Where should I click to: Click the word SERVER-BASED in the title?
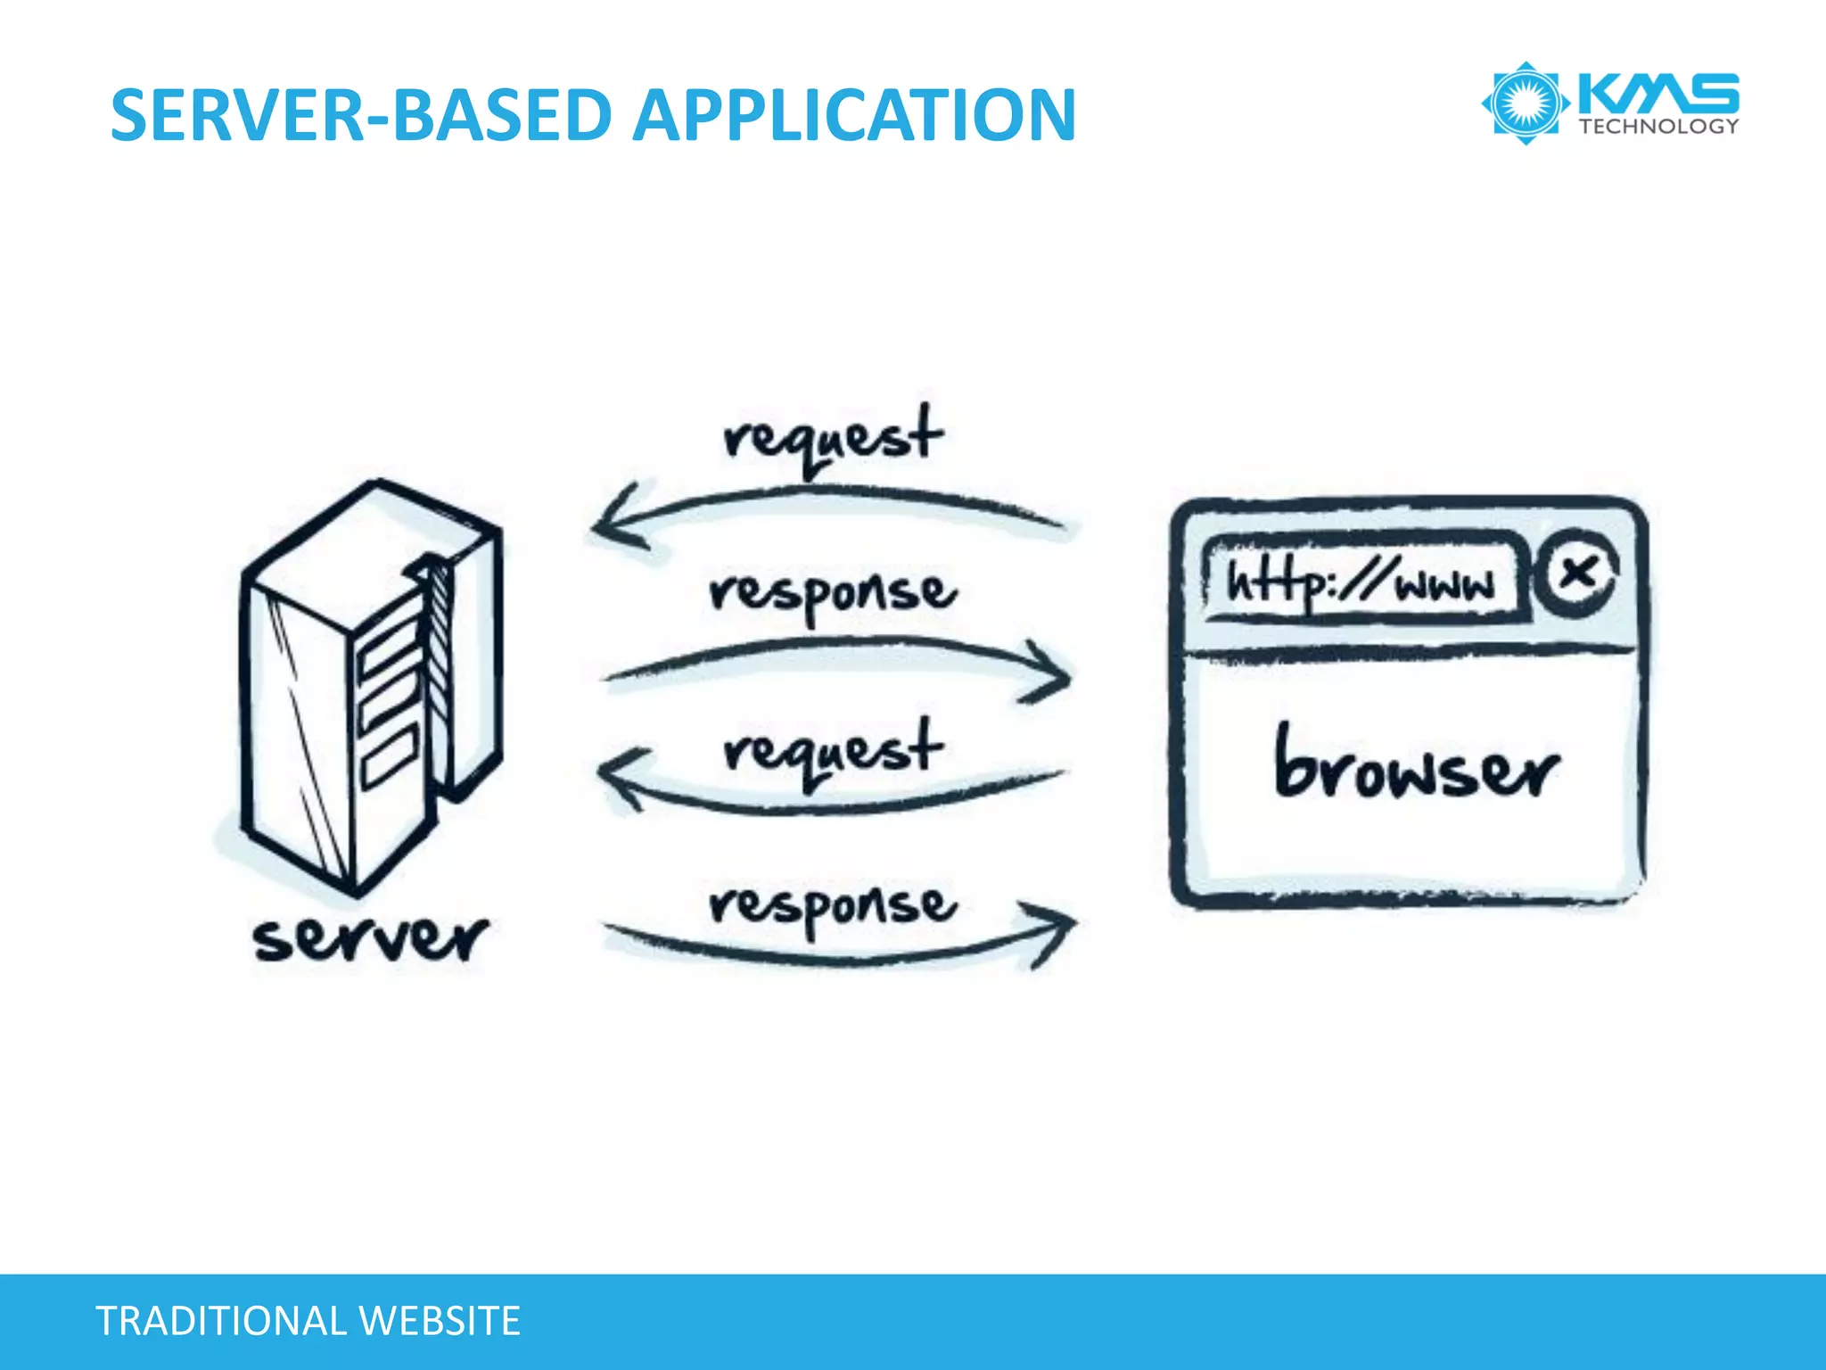[x=360, y=116]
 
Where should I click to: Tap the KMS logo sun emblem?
[x=1526, y=103]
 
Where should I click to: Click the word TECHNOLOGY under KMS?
[x=1658, y=126]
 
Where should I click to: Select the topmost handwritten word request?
[x=832, y=438]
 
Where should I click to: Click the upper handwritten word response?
[x=833, y=593]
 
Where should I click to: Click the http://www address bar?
[x=1361, y=581]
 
